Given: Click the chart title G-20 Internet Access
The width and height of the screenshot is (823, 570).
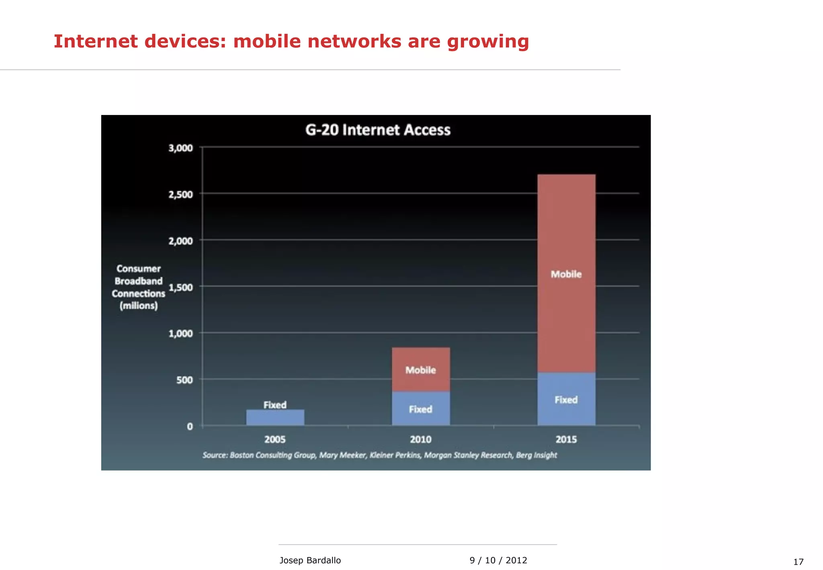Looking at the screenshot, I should click(378, 130).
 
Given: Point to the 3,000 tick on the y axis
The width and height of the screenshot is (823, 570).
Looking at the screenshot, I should click(180, 148).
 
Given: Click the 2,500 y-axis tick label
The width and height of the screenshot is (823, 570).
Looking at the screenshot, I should click(180, 195).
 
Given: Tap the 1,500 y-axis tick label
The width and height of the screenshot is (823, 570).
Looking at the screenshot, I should click(180, 287).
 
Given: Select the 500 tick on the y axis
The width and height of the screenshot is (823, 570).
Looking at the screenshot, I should click(184, 380).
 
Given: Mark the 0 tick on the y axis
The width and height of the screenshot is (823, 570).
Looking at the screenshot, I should click(190, 426).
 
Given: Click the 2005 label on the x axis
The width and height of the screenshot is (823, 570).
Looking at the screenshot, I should click(275, 439).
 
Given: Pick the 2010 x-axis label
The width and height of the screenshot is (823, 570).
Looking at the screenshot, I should click(421, 439).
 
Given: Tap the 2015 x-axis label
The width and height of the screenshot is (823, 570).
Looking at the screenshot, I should click(566, 439).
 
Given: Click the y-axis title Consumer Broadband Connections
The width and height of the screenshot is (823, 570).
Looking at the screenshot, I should click(138, 287).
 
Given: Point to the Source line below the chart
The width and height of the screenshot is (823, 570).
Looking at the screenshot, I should click(380, 455).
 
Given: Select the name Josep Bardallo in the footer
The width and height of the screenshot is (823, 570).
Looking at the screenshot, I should click(310, 560).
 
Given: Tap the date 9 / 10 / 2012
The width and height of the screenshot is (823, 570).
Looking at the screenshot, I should click(498, 560).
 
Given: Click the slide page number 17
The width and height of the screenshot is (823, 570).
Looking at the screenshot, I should click(798, 562).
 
